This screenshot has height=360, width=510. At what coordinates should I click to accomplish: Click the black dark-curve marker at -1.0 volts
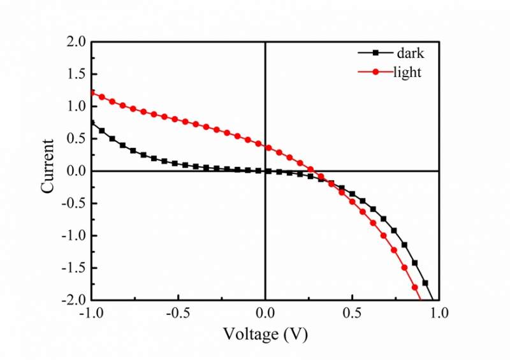click(x=92, y=122)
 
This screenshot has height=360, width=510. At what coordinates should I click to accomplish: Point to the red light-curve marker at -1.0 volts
click(x=92, y=93)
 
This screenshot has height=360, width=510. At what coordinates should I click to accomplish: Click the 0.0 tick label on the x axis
click(x=265, y=313)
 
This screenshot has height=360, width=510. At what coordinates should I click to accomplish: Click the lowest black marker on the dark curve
click(x=425, y=282)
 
